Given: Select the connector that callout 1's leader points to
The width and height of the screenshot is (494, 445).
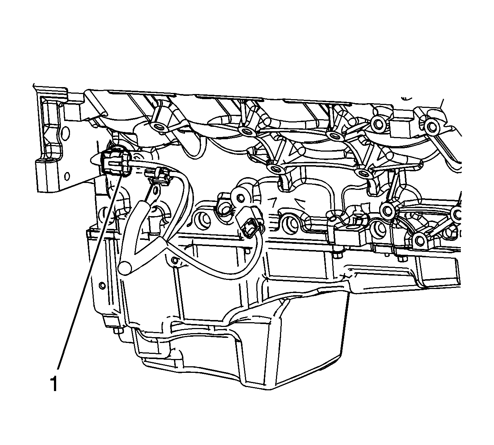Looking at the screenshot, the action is coord(116,163).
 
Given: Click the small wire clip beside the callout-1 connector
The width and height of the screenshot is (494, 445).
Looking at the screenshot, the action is coord(157,176).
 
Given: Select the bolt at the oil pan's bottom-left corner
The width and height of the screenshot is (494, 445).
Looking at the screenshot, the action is coord(119,331).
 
